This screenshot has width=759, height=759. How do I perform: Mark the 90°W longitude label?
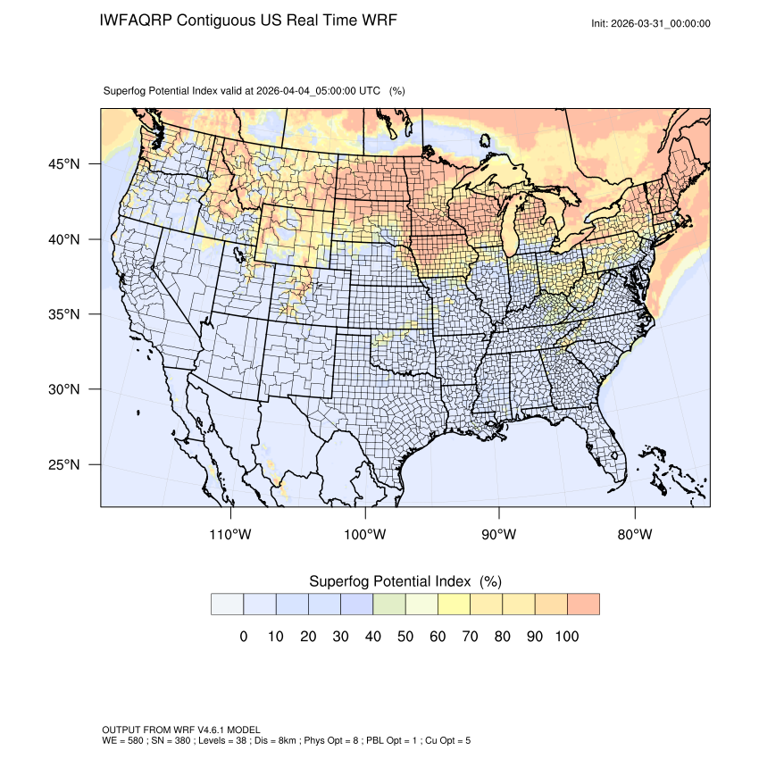pos(499,535)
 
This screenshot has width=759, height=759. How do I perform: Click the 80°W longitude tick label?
pos(634,535)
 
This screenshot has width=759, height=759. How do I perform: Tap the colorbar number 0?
pos(243,637)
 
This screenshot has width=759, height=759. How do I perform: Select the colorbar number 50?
pos(405,637)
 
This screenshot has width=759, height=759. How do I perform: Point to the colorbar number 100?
pos(566,637)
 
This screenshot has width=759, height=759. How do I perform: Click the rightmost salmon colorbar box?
pos(583,604)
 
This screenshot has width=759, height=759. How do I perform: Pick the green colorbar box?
pos(388,604)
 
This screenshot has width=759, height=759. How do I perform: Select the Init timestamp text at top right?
pos(651,23)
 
